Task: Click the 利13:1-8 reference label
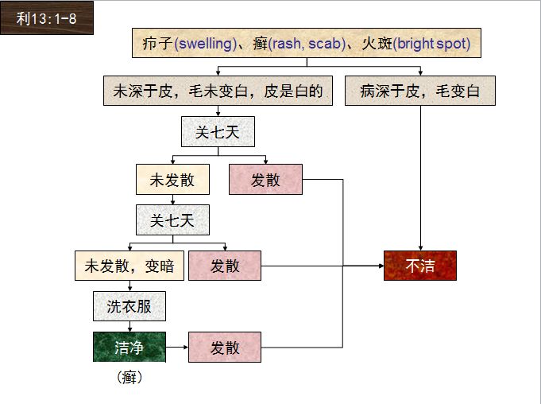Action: (46, 18)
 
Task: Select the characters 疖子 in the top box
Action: (153, 43)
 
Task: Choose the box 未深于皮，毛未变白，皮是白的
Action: (218, 91)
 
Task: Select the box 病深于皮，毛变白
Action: (419, 91)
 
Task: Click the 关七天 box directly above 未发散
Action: (218, 132)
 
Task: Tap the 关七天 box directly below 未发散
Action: (172, 219)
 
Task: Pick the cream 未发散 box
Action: (172, 180)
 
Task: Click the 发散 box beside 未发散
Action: (265, 180)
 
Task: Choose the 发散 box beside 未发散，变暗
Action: (225, 266)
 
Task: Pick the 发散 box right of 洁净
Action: (225, 348)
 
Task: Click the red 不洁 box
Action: (420, 266)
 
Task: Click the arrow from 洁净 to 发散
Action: (176, 348)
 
